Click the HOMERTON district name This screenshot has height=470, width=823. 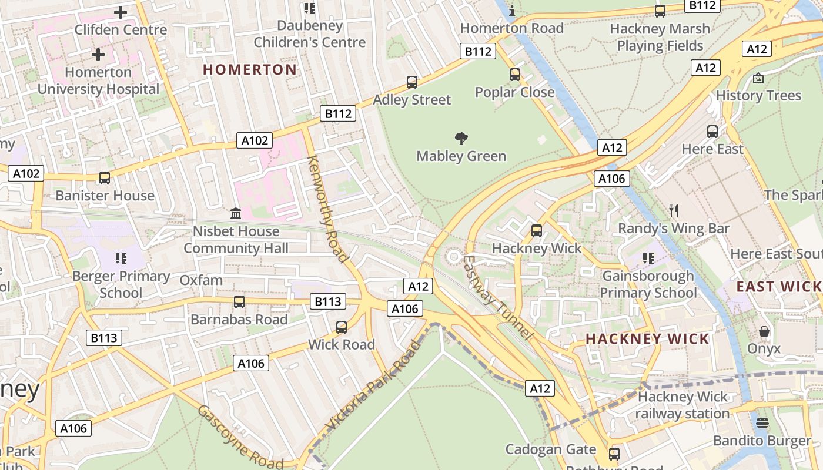coord(250,69)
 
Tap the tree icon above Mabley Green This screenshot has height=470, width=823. coord(461,139)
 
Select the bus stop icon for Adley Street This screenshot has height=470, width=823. coord(412,82)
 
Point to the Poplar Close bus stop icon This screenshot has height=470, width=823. coord(515,75)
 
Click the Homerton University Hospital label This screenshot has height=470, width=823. coord(98,81)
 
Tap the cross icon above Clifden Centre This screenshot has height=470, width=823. coord(121,12)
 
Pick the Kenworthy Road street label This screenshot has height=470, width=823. coord(327,209)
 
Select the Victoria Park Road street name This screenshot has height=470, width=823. coord(374,385)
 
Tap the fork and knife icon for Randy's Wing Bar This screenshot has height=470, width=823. coord(674,210)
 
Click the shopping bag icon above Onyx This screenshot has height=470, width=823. coord(764,331)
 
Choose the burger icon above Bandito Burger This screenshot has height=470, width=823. coord(762,423)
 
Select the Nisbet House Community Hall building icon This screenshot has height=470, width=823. coord(236,213)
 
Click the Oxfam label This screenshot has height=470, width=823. coord(201,280)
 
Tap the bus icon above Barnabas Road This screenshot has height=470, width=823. coord(239,302)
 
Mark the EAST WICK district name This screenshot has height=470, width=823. coord(779,287)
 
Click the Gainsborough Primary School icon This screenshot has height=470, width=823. coord(648,258)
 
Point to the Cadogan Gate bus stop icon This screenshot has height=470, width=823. coord(614,454)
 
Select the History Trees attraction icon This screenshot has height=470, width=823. coord(758,78)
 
